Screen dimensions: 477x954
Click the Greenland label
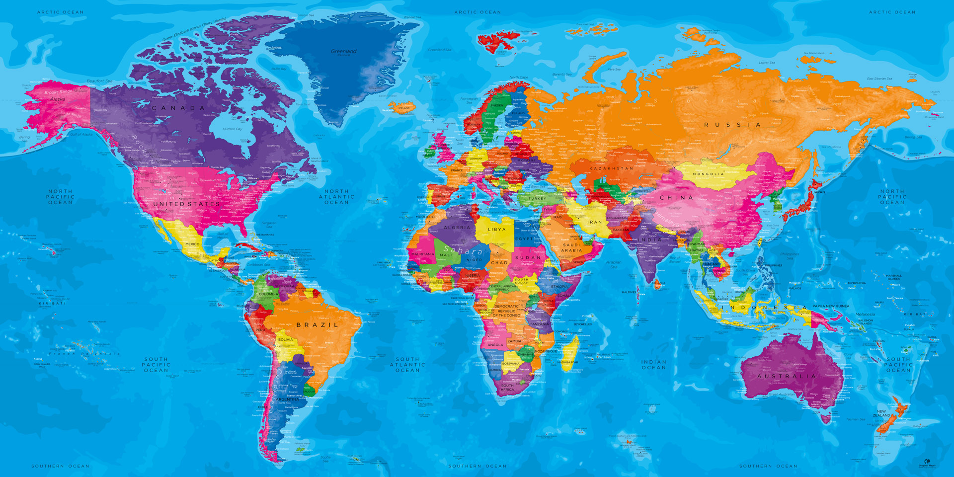coord(344,51)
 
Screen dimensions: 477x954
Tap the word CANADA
coord(178,108)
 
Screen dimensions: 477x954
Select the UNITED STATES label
coord(186,204)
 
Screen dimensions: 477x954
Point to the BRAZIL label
coord(318,325)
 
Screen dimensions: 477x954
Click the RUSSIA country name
coord(732,125)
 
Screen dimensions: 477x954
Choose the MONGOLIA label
coord(709,174)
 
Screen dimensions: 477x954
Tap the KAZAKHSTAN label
coord(611,168)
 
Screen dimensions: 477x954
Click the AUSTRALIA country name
coord(787,376)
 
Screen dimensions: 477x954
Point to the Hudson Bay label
coord(232,129)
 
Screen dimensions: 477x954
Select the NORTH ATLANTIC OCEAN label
coord(336,197)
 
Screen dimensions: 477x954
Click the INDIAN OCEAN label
coord(653,365)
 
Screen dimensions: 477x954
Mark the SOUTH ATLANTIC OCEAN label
coord(407,365)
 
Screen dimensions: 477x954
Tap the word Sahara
coord(463,251)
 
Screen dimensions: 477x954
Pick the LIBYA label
coord(497,230)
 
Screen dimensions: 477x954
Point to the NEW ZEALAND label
coord(880,413)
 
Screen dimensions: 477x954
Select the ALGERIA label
coord(457,228)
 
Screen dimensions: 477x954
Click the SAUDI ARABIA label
coord(571,247)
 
